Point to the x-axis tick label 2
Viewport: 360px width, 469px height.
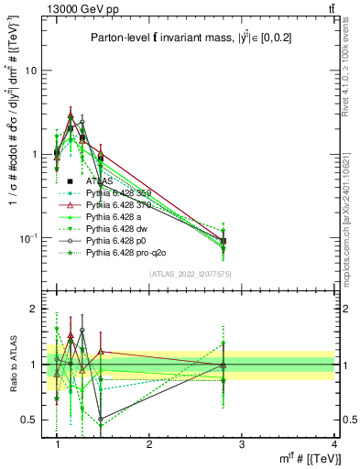pyautogui.click(x=149, y=443)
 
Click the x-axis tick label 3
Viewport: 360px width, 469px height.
pyautogui.click(x=241, y=443)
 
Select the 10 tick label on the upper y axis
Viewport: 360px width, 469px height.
pyautogui.click(x=31, y=71)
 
